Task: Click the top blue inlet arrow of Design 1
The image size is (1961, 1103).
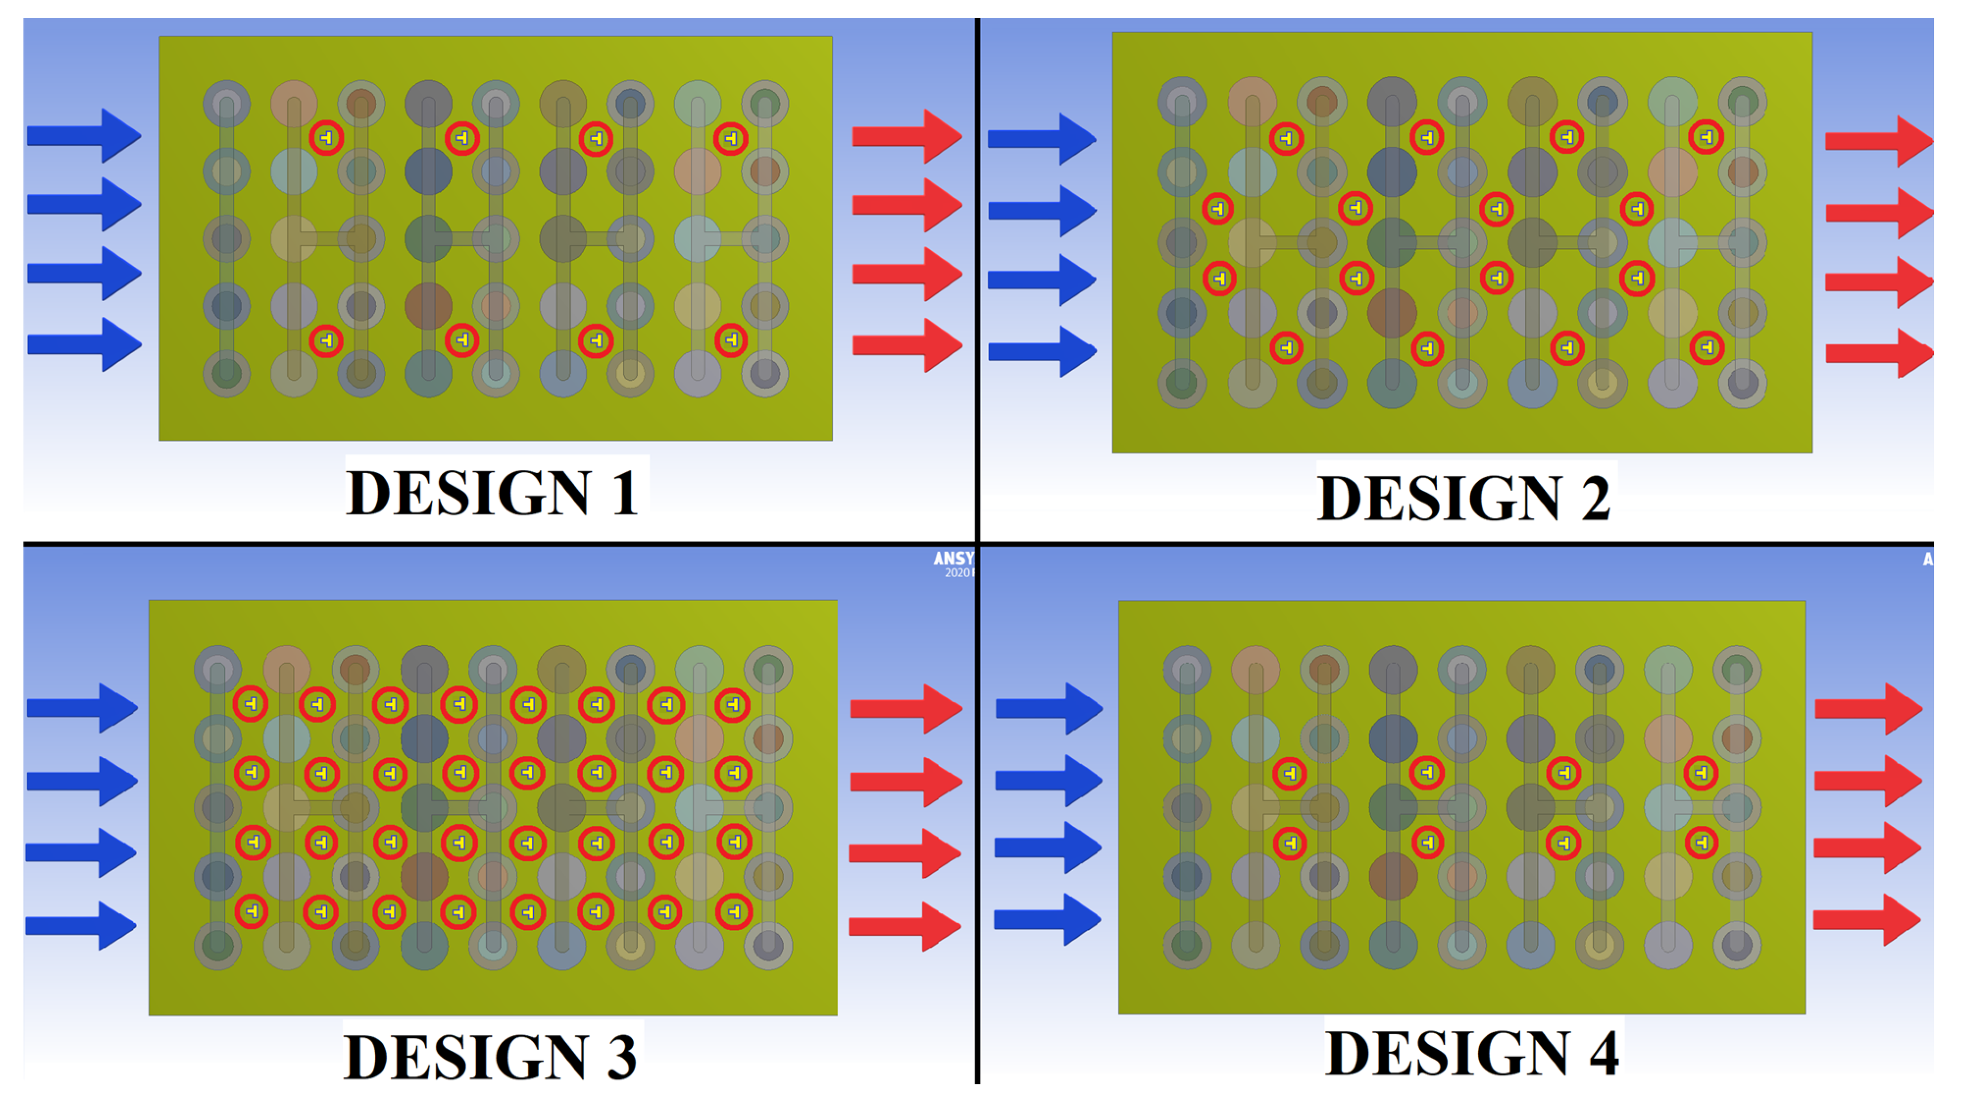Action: (x=84, y=135)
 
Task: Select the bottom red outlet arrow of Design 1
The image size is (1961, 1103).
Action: (x=906, y=345)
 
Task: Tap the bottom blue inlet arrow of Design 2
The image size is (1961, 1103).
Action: (x=1041, y=351)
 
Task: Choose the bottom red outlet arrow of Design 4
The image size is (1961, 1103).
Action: (x=1867, y=920)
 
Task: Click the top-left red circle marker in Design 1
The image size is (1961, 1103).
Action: (x=327, y=138)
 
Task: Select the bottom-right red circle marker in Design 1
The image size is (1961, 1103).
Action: (x=731, y=340)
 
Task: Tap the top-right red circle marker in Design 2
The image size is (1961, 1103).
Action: (x=1706, y=137)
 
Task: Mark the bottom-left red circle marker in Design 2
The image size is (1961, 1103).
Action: (x=1286, y=348)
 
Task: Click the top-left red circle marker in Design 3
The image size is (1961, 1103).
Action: (x=251, y=704)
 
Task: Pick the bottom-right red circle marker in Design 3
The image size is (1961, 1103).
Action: (x=734, y=911)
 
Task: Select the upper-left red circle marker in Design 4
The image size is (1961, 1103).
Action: (x=1289, y=773)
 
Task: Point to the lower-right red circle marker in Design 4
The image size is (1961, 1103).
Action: (x=1702, y=842)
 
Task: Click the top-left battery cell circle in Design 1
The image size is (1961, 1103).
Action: (x=227, y=104)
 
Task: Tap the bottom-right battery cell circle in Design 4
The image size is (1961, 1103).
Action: (x=1736, y=946)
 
